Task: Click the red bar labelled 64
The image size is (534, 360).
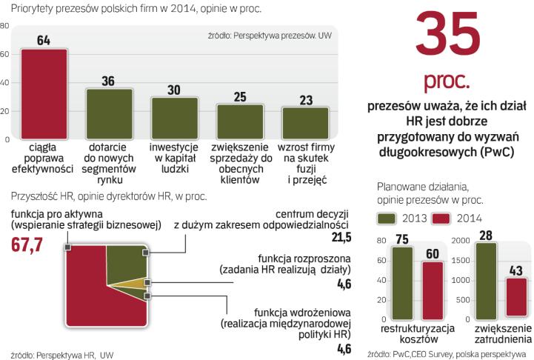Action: [44, 93]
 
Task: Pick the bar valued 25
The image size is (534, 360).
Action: [239, 121]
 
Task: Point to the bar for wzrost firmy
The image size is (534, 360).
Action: [304, 123]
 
